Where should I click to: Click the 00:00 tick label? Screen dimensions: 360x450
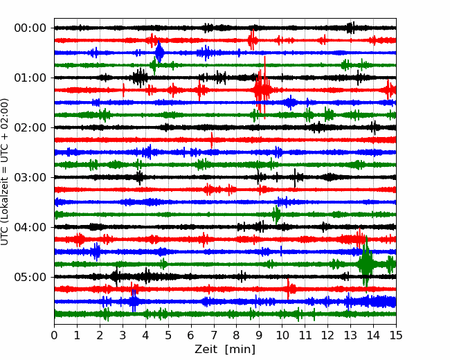[x=30, y=28]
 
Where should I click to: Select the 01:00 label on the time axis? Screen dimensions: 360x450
[x=30, y=78]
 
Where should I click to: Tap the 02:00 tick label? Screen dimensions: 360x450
[x=30, y=127]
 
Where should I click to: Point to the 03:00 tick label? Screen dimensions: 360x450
[x=30, y=177]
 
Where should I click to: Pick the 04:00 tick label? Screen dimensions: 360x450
[x=30, y=227]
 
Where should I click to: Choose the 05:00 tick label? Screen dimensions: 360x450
[x=30, y=277]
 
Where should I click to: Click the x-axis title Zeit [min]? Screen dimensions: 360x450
[x=224, y=349]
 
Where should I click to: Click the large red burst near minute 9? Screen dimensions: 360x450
[x=262, y=89]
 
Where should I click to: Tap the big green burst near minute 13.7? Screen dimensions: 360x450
[x=366, y=264]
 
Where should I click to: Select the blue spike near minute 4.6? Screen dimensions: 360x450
[x=159, y=52]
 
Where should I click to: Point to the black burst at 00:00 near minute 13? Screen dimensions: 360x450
[x=351, y=28]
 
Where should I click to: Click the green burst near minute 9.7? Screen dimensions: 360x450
[x=276, y=214]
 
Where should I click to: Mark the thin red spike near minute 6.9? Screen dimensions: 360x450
[x=212, y=139]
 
